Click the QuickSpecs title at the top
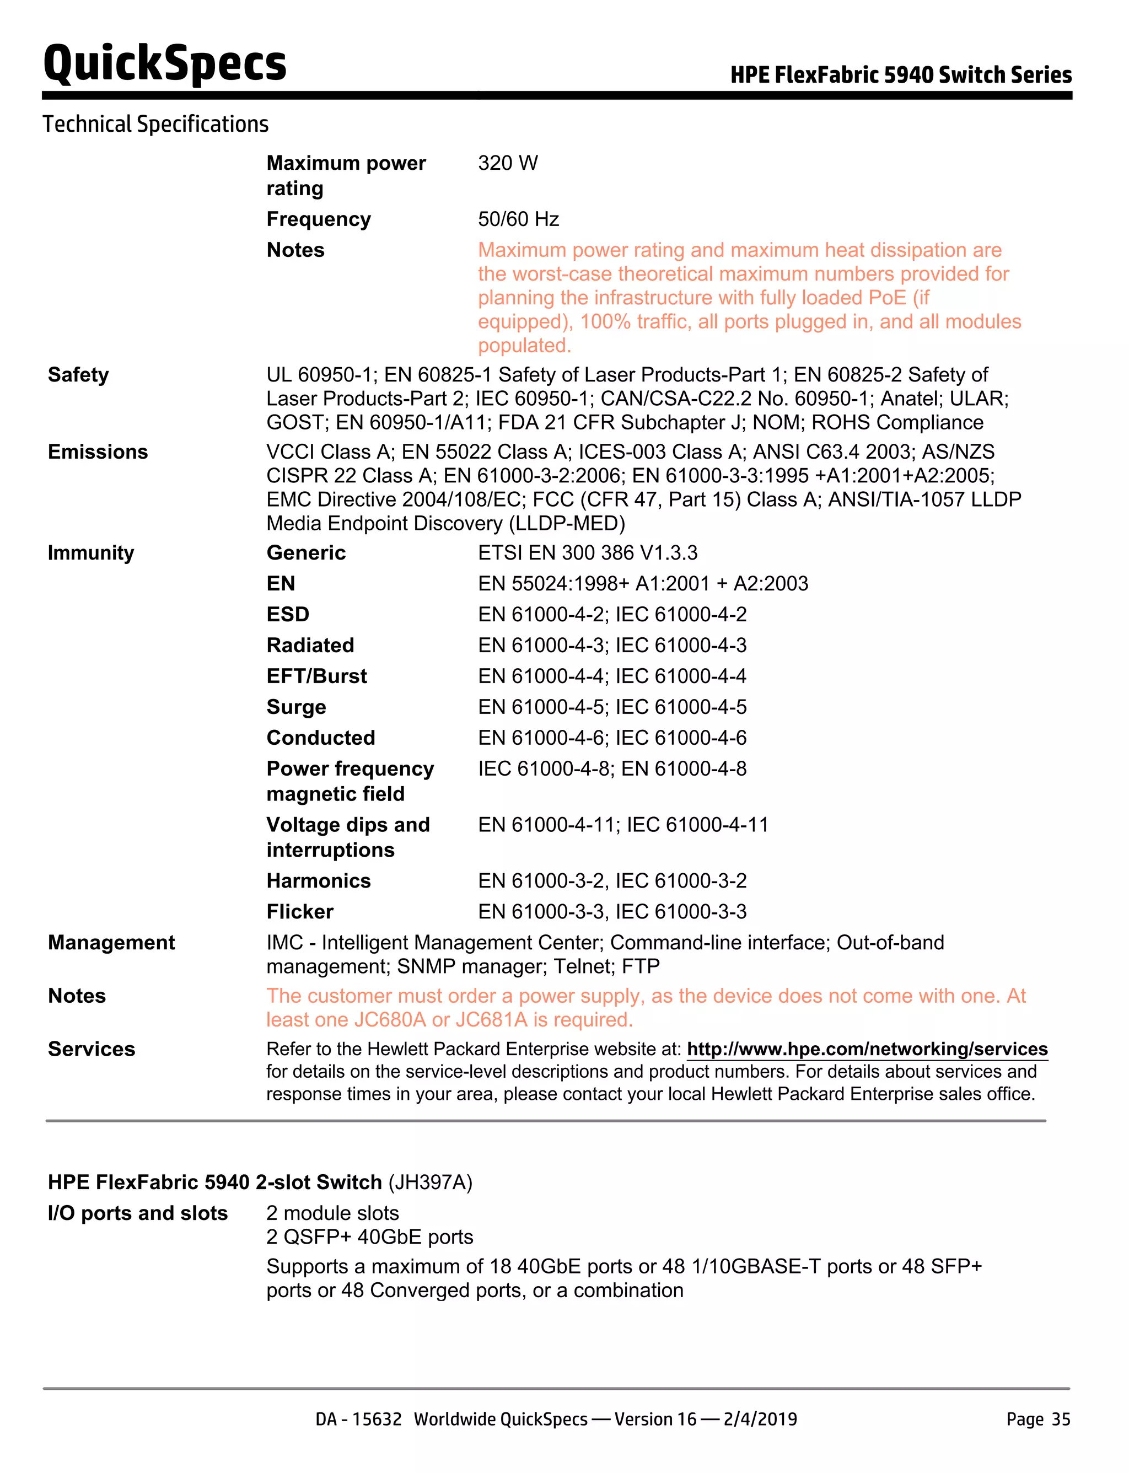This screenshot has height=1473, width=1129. (165, 62)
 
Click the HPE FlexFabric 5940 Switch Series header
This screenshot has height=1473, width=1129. (901, 74)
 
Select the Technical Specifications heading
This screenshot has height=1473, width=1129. (155, 125)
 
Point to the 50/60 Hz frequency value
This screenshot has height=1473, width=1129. (518, 219)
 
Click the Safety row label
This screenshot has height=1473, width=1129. (78, 375)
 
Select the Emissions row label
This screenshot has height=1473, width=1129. (98, 452)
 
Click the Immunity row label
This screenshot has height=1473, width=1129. (91, 553)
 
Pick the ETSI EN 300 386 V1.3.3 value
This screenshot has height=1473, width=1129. (587, 553)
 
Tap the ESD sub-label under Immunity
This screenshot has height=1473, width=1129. (288, 615)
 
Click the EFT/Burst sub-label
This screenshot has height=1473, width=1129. (316, 676)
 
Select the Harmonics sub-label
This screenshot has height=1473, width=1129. (319, 881)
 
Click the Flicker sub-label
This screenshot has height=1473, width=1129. (300, 912)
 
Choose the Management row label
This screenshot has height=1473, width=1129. (111, 943)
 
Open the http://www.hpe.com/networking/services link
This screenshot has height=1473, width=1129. (867, 1049)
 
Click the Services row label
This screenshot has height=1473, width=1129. (92, 1049)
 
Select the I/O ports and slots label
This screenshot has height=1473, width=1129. (138, 1213)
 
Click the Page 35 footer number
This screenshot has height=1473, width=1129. (1037, 1419)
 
